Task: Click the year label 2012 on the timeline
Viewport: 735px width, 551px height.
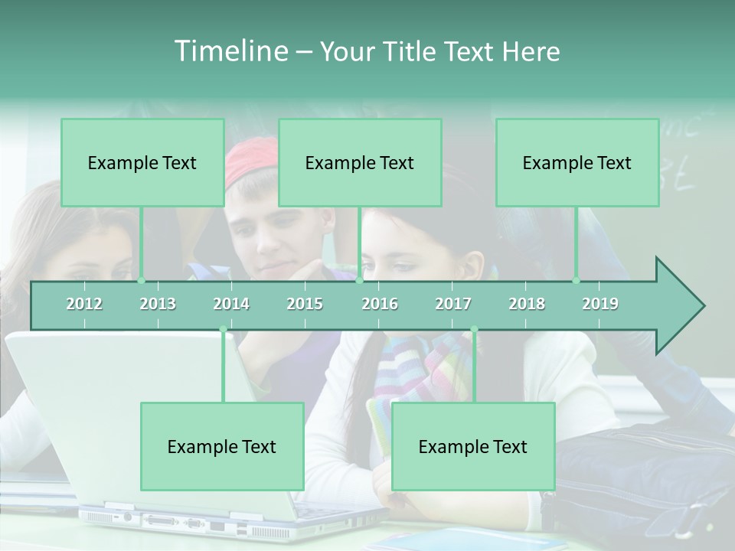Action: (84, 304)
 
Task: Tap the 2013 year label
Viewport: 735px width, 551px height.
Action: (158, 304)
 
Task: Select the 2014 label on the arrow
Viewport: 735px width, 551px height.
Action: (231, 304)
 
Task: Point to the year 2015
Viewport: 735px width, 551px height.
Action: (305, 304)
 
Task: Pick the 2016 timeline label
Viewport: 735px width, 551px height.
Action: (380, 304)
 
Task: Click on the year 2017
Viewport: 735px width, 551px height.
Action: (453, 304)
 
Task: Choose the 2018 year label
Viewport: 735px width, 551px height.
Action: (527, 304)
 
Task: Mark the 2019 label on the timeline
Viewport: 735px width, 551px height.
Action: (600, 304)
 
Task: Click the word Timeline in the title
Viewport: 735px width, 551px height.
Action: (229, 51)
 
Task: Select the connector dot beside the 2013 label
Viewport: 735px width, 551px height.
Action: (141, 281)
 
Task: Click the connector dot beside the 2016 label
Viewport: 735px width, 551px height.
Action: (359, 281)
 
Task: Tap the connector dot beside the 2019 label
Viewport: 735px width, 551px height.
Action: (577, 281)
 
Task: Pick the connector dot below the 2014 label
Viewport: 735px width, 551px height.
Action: (223, 330)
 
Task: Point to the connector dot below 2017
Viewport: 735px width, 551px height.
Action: (474, 330)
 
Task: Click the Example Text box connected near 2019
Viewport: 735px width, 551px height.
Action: (577, 162)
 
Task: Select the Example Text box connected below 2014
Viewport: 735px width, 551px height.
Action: (222, 446)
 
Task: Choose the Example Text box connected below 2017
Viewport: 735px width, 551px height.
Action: (473, 446)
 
